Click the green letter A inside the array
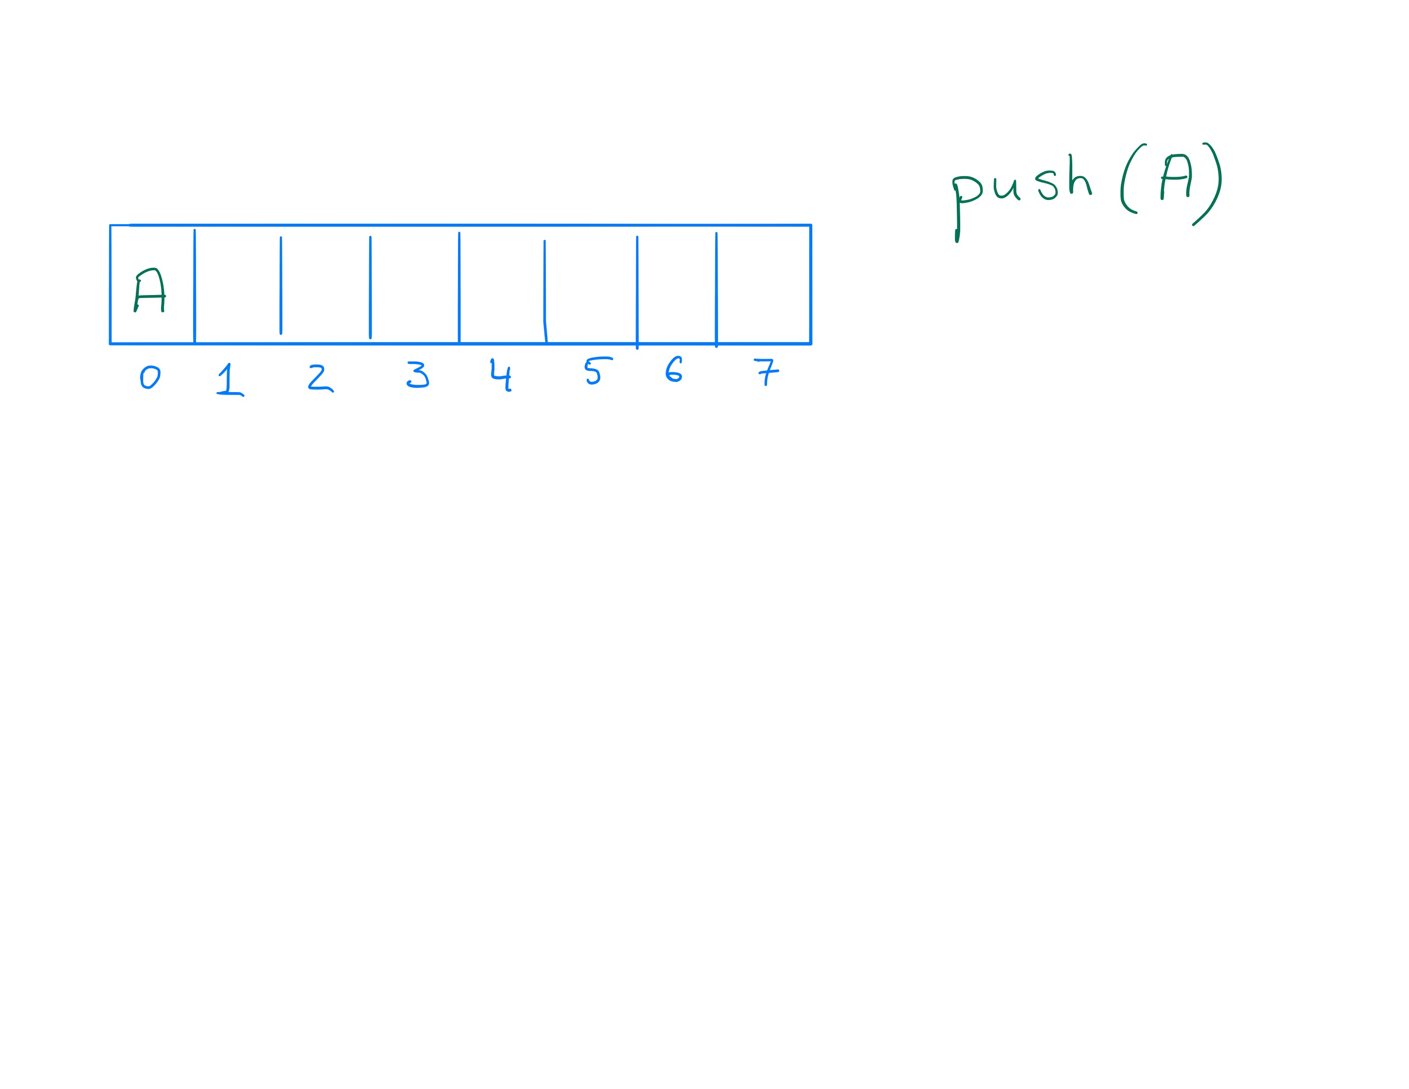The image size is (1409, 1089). click(x=149, y=290)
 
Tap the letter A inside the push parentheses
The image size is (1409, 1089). click(x=1176, y=177)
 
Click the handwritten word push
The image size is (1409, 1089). click(x=1022, y=198)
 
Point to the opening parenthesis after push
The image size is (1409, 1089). click(x=1133, y=178)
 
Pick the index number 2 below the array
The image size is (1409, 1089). click(x=321, y=378)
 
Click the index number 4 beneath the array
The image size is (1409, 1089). click(x=501, y=375)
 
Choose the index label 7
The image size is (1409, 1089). click(x=767, y=372)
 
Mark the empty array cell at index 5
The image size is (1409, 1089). click(x=591, y=284)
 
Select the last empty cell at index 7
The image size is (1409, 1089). click(x=763, y=284)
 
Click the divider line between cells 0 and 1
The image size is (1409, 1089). click(x=194, y=286)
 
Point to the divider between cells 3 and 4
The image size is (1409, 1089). click(x=459, y=288)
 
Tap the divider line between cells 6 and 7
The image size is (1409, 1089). click(x=716, y=290)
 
